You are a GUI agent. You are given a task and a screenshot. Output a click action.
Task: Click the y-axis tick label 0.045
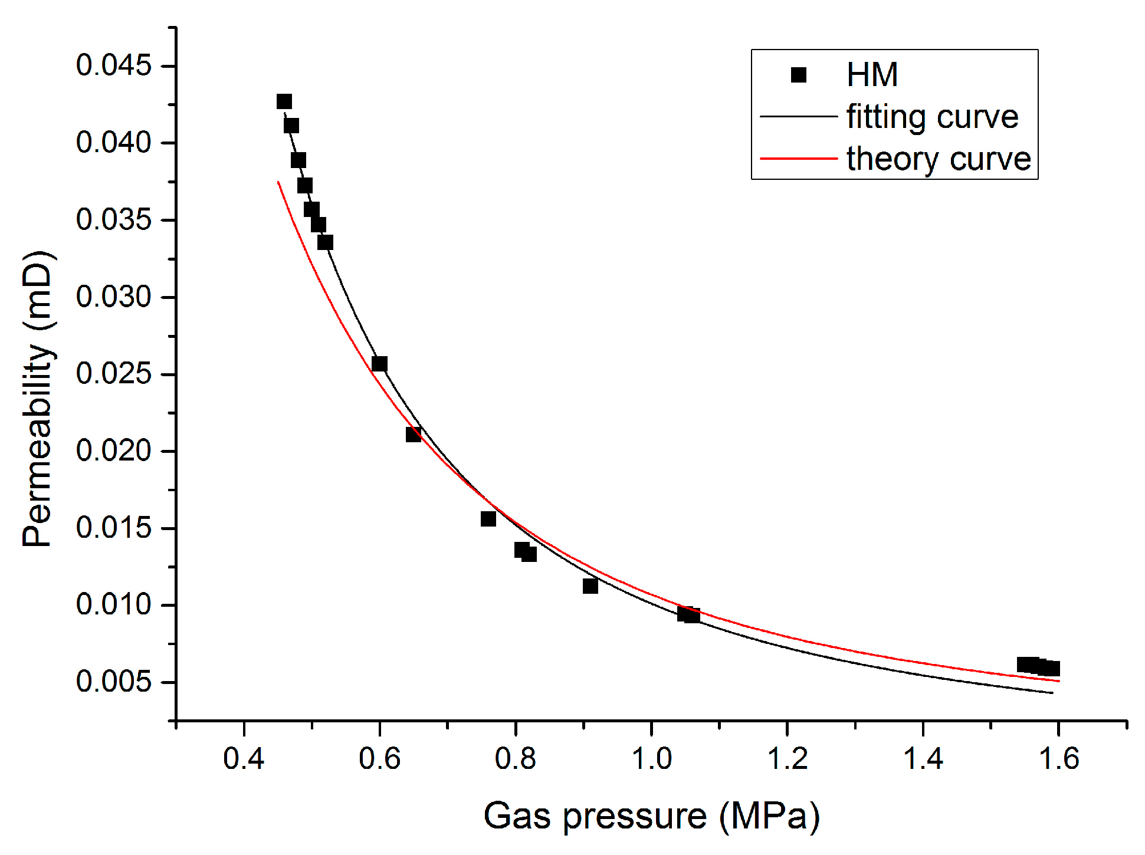[114, 65]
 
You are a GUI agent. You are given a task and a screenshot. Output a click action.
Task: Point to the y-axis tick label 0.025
[114, 374]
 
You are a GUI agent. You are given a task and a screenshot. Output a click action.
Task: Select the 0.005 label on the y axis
[114, 682]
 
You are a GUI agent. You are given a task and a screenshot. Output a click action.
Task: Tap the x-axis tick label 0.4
[244, 758]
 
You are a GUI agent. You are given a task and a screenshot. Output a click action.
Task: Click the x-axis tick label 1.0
[651, 758]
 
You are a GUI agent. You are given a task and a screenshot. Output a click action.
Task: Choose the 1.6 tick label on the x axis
[1059, 758]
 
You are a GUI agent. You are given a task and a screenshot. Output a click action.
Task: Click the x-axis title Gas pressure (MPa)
[651, 816]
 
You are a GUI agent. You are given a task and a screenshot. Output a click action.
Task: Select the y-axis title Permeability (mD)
[38, 399]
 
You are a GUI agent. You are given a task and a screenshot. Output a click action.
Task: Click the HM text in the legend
[872, 75]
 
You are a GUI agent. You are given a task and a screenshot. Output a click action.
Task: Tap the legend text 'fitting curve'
[932, 117]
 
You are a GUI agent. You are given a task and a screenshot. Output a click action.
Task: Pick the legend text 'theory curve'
[938, 159]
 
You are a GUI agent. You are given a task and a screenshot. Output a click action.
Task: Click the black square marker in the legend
[798, 75]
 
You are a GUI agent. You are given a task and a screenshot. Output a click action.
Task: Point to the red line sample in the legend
[798, 159]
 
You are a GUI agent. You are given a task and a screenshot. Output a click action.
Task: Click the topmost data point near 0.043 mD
[284, 101]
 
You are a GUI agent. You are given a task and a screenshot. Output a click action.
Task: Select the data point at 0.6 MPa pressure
[379, 364]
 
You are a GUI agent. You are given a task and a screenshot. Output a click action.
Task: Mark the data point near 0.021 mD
[414, 435]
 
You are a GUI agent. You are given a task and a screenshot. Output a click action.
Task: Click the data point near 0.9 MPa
[590, 586]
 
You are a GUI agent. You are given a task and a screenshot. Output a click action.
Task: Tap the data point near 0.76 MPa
[488, 519]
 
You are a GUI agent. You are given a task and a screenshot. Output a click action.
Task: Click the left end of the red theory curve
[278, 182]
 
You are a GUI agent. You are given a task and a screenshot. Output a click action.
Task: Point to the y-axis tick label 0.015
[114, 528]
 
